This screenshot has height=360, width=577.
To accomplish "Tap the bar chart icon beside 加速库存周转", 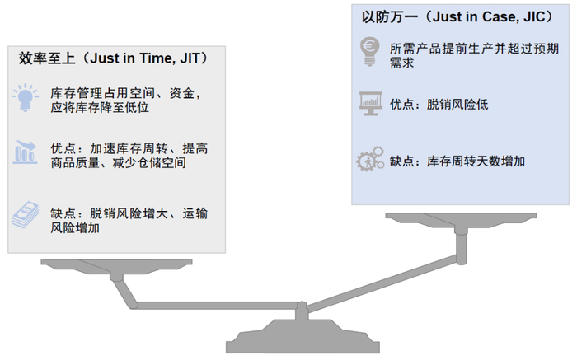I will pos(25,153).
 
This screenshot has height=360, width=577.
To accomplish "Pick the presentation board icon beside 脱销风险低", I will pos(369,105).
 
